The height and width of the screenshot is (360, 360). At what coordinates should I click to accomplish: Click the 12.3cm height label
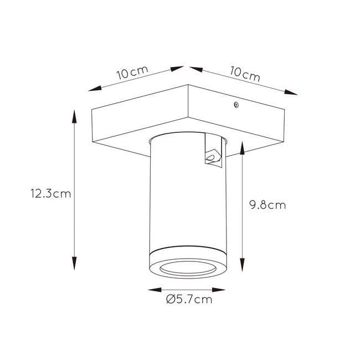51,194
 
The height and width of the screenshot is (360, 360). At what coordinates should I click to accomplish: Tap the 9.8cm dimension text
268,205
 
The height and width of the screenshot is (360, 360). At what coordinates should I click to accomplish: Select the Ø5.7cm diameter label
189,300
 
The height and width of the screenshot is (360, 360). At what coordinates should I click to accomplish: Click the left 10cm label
132,72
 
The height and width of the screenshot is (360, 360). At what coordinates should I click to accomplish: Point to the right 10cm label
245,74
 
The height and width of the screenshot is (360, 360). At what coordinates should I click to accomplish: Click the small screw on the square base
236,105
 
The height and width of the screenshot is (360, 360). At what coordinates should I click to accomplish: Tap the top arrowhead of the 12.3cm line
74,117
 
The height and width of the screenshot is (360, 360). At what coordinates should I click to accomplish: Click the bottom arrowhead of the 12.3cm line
74,263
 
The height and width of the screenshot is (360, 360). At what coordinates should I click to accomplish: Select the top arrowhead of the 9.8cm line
243,148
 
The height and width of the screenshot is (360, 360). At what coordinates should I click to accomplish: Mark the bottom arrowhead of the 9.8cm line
243,265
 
